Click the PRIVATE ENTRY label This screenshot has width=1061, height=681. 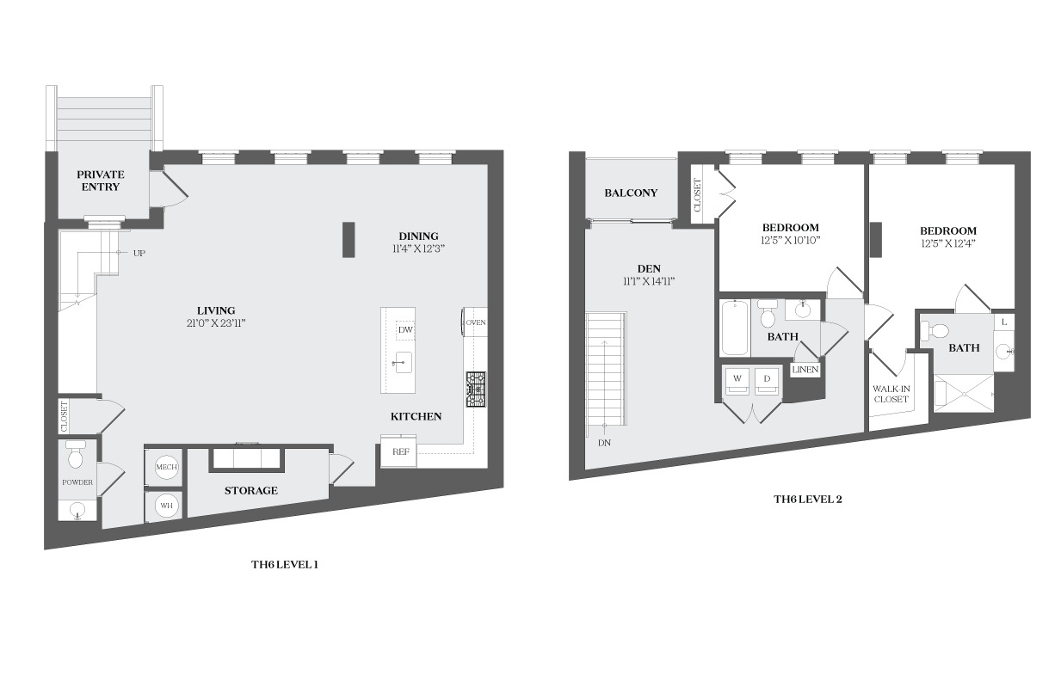point(101,181)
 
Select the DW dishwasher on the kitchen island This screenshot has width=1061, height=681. point(405,330)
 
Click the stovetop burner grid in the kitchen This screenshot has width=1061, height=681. point(476,389)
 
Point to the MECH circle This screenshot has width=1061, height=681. point(167,467)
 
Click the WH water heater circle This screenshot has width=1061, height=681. point(166,506)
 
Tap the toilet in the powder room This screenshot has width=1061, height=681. point(76,454)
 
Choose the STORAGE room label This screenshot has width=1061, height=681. point(251,491)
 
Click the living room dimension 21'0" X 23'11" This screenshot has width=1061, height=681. point(216,323)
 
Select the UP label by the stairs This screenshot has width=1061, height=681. point(139,253)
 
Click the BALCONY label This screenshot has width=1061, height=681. point(631,193)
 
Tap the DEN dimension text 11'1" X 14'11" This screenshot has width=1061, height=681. point(649,281)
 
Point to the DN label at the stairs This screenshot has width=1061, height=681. point(604,443)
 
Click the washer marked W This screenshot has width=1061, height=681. point(737,380)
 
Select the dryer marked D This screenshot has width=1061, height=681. point(767,380)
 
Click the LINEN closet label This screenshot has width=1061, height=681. point(805,370)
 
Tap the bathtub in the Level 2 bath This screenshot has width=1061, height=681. point(735,328)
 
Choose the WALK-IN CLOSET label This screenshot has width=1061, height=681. point(891,394)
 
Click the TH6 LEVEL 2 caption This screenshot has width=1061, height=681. point(808,500)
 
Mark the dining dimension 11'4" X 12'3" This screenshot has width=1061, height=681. point(418,249)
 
